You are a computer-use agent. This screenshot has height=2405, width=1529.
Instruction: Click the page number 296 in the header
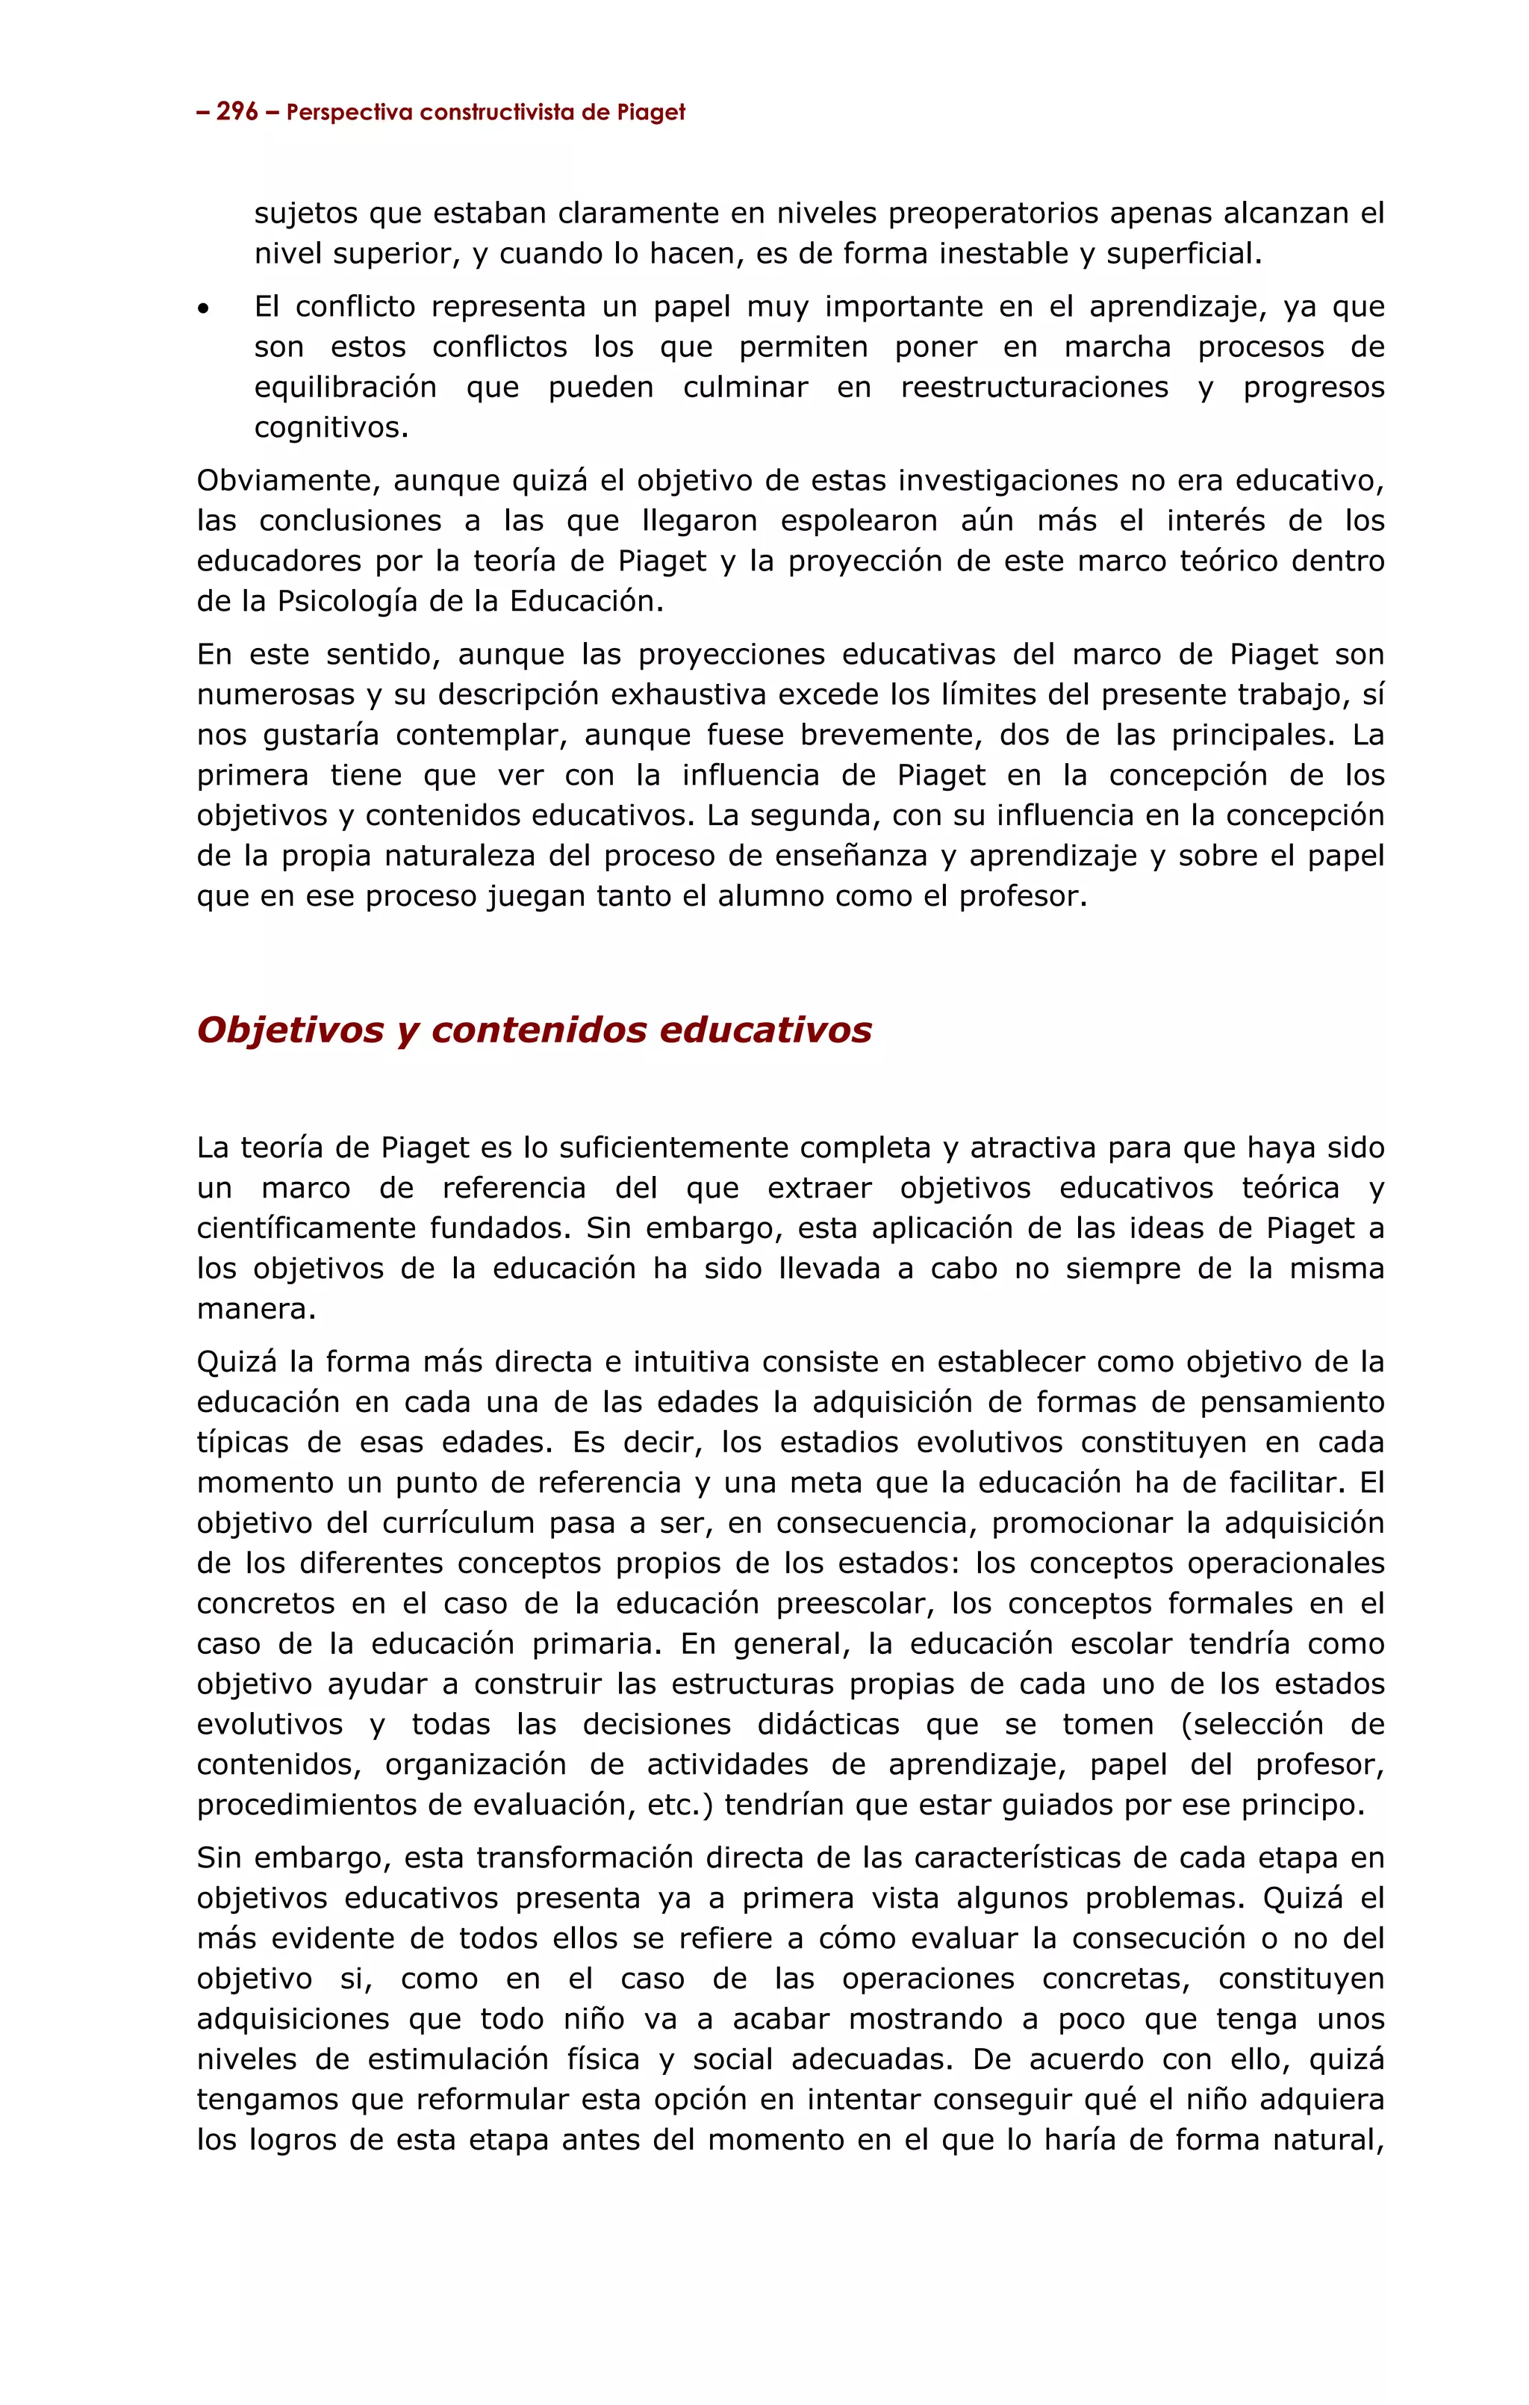(x=237, y=112)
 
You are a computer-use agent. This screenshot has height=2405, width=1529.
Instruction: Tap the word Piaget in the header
(x=650, y=112)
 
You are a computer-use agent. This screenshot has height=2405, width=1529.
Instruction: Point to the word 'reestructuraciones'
(x=1034, y=388)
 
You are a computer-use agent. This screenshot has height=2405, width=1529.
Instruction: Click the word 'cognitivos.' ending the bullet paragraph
(x=331, y=428)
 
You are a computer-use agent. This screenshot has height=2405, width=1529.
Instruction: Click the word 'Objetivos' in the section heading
(x=290, y=1030)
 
